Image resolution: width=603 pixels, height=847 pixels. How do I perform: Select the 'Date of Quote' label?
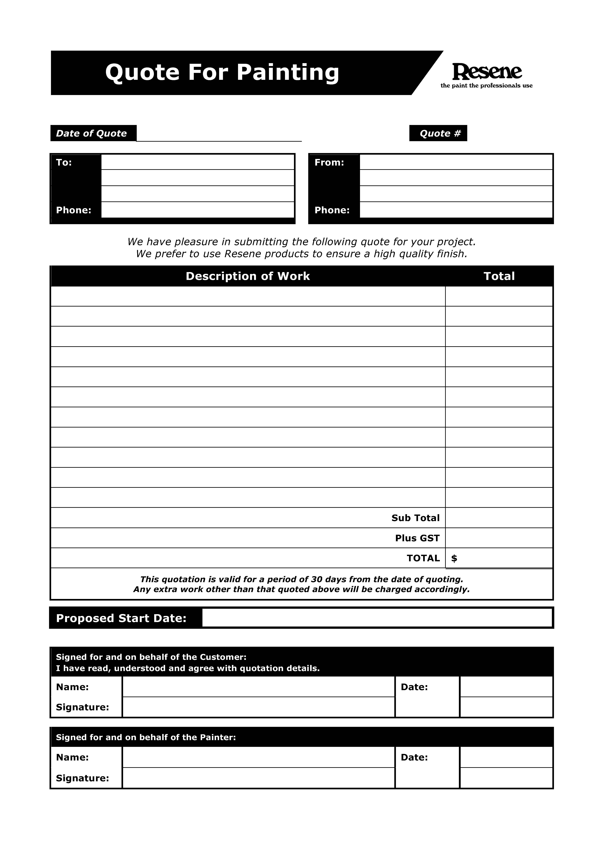click(x=91, y=133)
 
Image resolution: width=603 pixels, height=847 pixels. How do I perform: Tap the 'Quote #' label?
click(x=440, y=133)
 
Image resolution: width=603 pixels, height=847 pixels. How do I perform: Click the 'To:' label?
click(x=64, y=162)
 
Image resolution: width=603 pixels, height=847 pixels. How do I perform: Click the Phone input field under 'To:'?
click(x=197, y=210)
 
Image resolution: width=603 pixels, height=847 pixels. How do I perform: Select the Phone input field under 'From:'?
click(x=456, y=210)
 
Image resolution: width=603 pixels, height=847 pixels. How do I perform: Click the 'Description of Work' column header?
click(x=248, y=276)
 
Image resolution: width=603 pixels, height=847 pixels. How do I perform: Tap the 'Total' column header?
click(x=499, y=276)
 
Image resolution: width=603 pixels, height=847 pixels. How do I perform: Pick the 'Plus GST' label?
click(x=417, y=538)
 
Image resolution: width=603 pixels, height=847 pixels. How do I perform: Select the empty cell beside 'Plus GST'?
click(x=499, y=538)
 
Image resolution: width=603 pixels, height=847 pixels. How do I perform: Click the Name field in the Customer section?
click(x=258, y=687)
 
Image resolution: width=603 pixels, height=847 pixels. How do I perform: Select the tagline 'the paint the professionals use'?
click(x=486, y=86)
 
